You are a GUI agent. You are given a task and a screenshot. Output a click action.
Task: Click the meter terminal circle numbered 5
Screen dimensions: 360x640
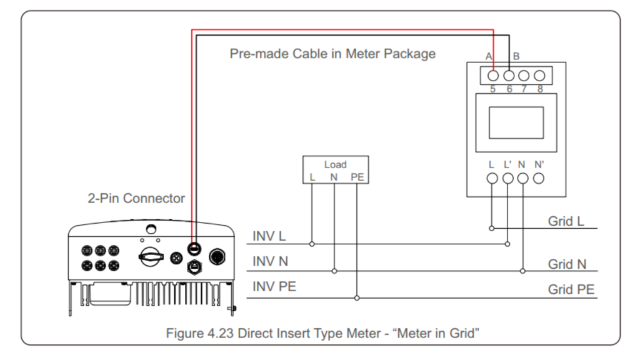pos(492,76)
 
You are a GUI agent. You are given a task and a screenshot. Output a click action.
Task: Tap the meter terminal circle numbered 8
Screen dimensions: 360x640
pos(540,76)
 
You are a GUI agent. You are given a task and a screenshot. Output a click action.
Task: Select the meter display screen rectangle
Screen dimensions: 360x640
pos(516,122)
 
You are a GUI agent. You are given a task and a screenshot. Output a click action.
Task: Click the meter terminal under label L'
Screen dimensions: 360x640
pos(507,179)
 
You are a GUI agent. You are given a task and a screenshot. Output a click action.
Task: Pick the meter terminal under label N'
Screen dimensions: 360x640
pos(539,179)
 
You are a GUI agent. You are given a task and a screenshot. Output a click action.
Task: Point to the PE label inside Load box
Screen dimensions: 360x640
pos(357,177)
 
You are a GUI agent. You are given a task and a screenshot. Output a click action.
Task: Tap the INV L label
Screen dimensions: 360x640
pos(269,236)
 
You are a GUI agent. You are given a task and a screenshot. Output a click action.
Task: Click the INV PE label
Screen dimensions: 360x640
pos(274,287)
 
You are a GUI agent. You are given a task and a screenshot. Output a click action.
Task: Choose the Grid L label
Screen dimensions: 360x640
pos(566,221)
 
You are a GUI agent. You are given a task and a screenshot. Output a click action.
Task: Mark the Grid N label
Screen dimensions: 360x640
pos(567,264)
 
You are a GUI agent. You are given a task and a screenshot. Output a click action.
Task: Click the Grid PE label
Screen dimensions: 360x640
pos(571,289)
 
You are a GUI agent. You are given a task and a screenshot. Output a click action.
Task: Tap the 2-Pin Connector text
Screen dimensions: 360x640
pos(136,199)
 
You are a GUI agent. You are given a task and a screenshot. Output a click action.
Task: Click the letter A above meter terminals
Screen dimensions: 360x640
pos(489,56)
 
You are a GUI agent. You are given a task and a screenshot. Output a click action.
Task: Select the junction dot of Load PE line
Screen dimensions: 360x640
pos(357,297)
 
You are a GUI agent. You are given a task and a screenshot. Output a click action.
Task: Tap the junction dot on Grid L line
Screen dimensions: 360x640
pos(492,229)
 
